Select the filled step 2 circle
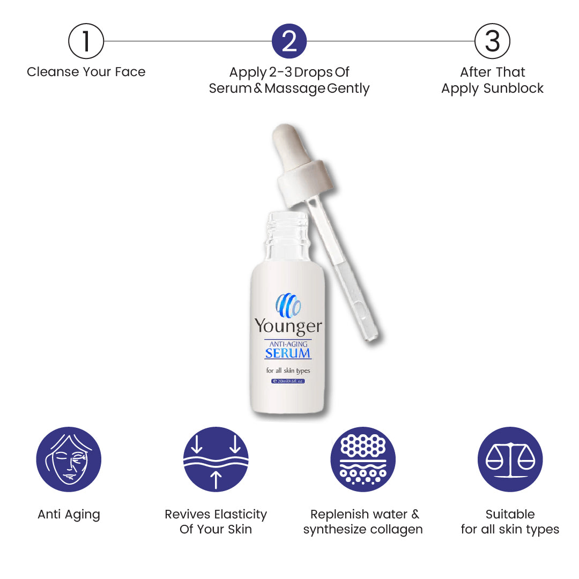289,41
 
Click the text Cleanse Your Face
86,72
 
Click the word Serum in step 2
230,88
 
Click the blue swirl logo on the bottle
288,305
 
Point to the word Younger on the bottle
288,327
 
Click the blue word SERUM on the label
288,353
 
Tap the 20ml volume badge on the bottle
288,381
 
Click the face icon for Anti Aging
69,459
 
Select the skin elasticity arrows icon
216,459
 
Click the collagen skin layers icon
363,459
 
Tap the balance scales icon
510,459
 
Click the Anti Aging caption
69,515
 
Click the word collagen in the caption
397,529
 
